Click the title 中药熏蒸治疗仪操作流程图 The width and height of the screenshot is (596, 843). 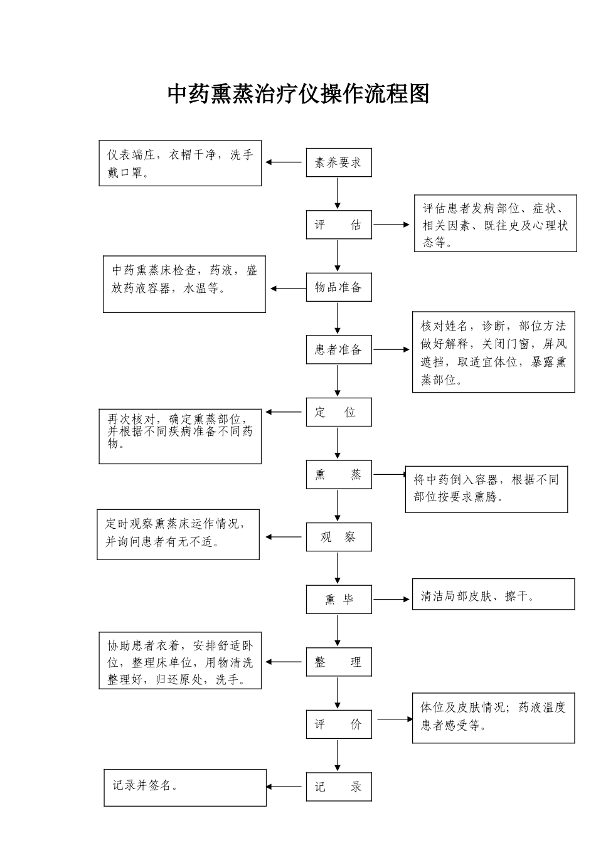click(298, 94)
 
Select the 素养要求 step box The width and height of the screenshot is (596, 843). click(338, 163)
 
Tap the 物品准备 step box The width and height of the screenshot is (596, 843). click(338, 288)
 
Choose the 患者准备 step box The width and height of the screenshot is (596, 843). click(338, 350)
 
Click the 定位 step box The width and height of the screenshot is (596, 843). click(338, 412)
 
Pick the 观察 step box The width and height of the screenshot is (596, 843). click(338, 537)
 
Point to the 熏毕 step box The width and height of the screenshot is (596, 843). click(338, 600)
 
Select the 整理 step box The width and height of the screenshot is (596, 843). click(338, 662)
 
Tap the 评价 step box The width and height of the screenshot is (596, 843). click(338, 724)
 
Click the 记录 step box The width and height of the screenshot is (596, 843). click(338, 787)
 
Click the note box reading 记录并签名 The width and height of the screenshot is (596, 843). click(185, 787)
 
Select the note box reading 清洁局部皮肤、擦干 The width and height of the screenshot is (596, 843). click(493, 595)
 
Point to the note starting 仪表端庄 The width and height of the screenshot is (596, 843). click(180, 163)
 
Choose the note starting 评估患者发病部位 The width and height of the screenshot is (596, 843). click(495, 224)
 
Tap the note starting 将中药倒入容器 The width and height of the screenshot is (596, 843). click(486, 489)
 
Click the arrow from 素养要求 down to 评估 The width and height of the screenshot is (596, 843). click(338, 194)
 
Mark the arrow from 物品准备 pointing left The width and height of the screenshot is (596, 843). click(287, 289)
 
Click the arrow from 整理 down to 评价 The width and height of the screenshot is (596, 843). click(338, 693)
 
